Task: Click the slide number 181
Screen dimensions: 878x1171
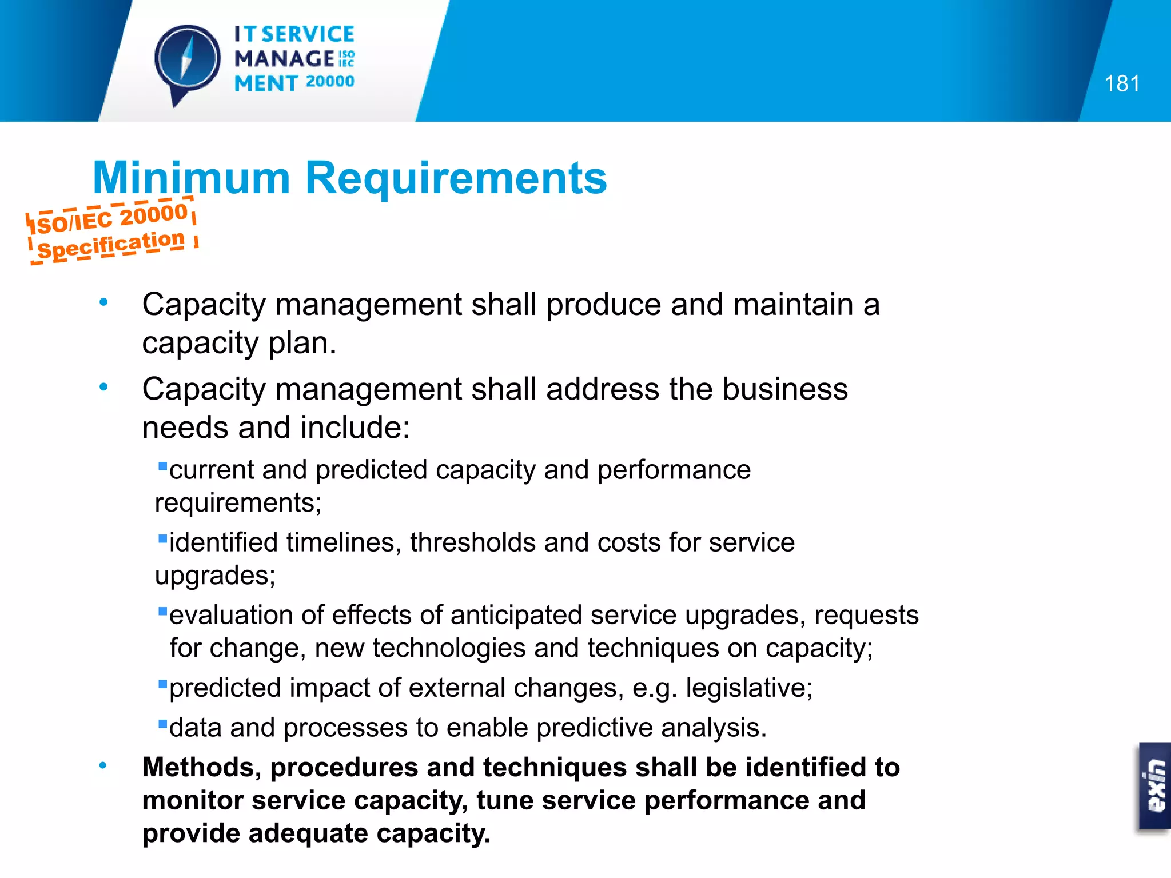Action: pos(1122,84)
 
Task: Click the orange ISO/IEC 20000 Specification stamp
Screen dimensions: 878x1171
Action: pos(111,232)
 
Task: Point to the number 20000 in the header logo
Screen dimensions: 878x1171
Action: pos(330,82)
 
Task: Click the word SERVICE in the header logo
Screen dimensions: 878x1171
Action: pos(308,34)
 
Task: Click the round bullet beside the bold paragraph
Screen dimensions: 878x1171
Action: pos(103,765)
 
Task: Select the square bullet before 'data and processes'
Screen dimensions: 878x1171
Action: pos(162,724)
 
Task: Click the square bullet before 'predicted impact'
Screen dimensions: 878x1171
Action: pos(162,684)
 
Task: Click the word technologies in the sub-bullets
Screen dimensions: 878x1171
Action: pos(449,648)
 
